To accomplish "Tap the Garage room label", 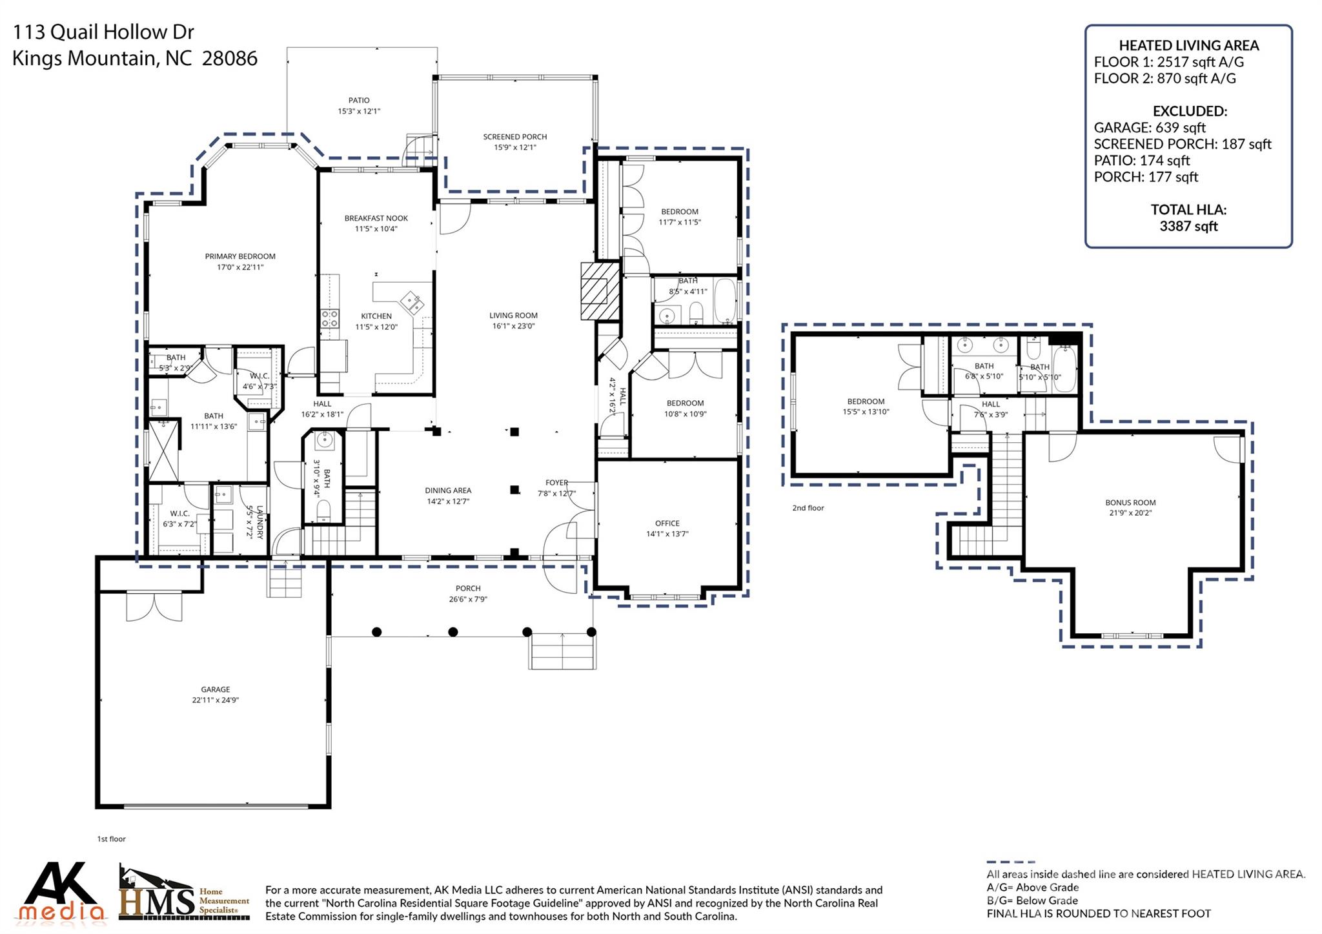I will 215,689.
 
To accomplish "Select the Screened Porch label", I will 514,137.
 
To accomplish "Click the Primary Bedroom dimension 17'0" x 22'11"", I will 240,267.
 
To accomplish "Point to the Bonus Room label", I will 1130,503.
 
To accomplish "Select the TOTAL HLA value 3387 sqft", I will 1188,227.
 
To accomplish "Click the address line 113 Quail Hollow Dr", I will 103,32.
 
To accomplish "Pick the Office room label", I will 667,523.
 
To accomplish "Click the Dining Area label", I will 447,491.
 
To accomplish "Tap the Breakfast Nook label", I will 376,218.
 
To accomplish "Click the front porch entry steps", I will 562,651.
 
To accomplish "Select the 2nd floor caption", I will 808,508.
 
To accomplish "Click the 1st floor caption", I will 111,839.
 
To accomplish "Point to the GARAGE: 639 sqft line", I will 1149,128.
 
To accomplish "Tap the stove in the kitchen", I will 329,318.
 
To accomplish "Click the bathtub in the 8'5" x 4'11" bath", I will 726,301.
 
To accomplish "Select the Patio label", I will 359,100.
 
